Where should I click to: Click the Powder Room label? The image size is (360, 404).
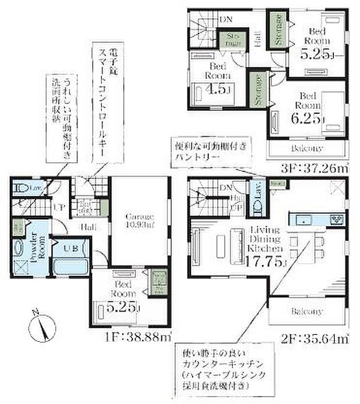pos(34,248)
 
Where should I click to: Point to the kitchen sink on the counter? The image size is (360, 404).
pos(307,219)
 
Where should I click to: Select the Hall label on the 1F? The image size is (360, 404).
pos(88,227)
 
